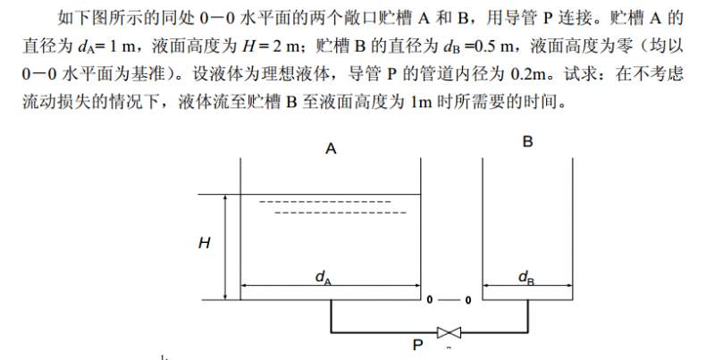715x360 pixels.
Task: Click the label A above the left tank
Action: click(331, 148)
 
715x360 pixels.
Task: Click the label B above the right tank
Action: click(527, 142)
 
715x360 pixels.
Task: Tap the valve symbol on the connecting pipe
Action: click(449, 332)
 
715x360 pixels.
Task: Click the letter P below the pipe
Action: click(417, 345)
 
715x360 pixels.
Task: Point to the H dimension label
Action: click(205, 243)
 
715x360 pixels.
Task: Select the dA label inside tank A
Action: click(324, 278)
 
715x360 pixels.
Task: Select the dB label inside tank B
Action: click(526, 278)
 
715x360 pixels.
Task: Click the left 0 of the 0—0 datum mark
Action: click(429, 300)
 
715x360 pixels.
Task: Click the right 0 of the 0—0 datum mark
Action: click(468, 300)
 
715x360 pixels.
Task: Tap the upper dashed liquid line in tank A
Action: click(325, 202)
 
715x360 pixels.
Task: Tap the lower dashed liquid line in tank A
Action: click(341, 213)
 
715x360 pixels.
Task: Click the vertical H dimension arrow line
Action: click(225, 247)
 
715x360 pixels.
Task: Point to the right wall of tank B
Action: click(572, 230)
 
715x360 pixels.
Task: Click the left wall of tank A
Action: click(240, 230)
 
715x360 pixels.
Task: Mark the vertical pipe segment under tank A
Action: click(331, 316)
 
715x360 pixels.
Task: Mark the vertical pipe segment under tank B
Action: click(528, 316)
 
